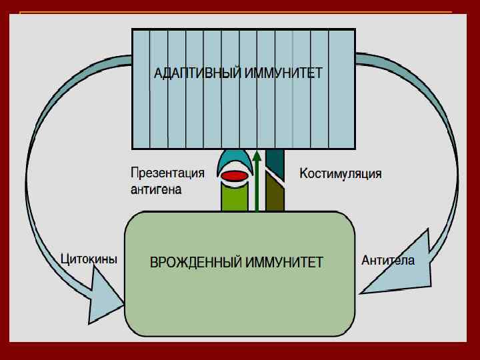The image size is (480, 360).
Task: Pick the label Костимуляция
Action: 341,174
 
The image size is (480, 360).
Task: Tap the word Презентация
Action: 167,173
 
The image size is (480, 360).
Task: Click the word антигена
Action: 156,189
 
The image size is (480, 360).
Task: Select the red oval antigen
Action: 235,176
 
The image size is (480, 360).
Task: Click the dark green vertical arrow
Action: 257,187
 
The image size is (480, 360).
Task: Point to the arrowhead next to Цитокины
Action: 107,300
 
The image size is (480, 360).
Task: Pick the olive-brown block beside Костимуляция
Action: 275,193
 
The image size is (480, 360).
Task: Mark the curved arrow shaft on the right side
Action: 437,147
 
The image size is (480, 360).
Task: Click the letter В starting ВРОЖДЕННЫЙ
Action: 154,262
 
